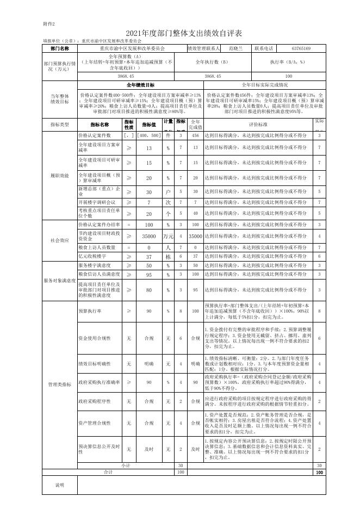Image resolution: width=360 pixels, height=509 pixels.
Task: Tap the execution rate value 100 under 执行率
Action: pyautogui.click(x=288, y=77)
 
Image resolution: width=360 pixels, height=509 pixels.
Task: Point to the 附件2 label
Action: pyautogui.click(x=49, y=24)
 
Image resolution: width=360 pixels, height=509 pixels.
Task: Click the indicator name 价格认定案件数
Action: pyautogui.click(x=95, y=135)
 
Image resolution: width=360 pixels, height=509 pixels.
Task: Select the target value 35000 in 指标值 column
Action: pyautogui.click(x=149, y=237)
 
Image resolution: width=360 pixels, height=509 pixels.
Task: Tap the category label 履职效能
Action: pyautogui.click(x=60, y=175)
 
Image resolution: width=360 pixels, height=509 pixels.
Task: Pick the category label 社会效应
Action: pyautogui.click(x=60, y=240)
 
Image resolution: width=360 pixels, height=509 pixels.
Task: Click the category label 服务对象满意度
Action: pyautogui.click(x=60, y=281)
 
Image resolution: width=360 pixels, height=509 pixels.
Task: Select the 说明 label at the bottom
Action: pyautogui.click(x=60, y=500)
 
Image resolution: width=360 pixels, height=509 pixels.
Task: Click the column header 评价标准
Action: pyautogui.click(x=258, y=125)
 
